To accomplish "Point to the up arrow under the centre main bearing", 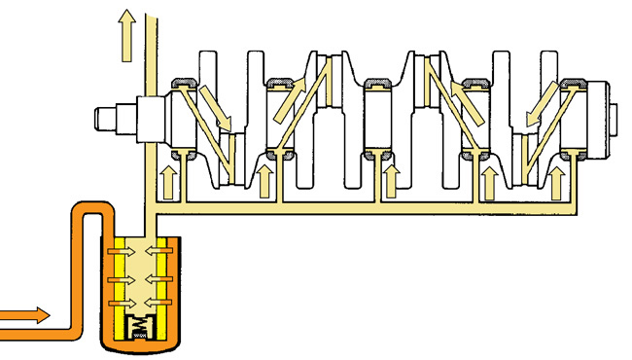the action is click(x=391, y=179).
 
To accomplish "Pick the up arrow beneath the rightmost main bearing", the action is click(x=557, y=179).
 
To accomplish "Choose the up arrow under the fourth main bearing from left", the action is click(x=489, y=179).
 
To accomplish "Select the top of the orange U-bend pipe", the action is click(x=86, y=207).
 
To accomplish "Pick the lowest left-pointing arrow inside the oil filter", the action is click(x=160, y=304).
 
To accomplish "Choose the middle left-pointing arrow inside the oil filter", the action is click(x=160, y=279).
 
